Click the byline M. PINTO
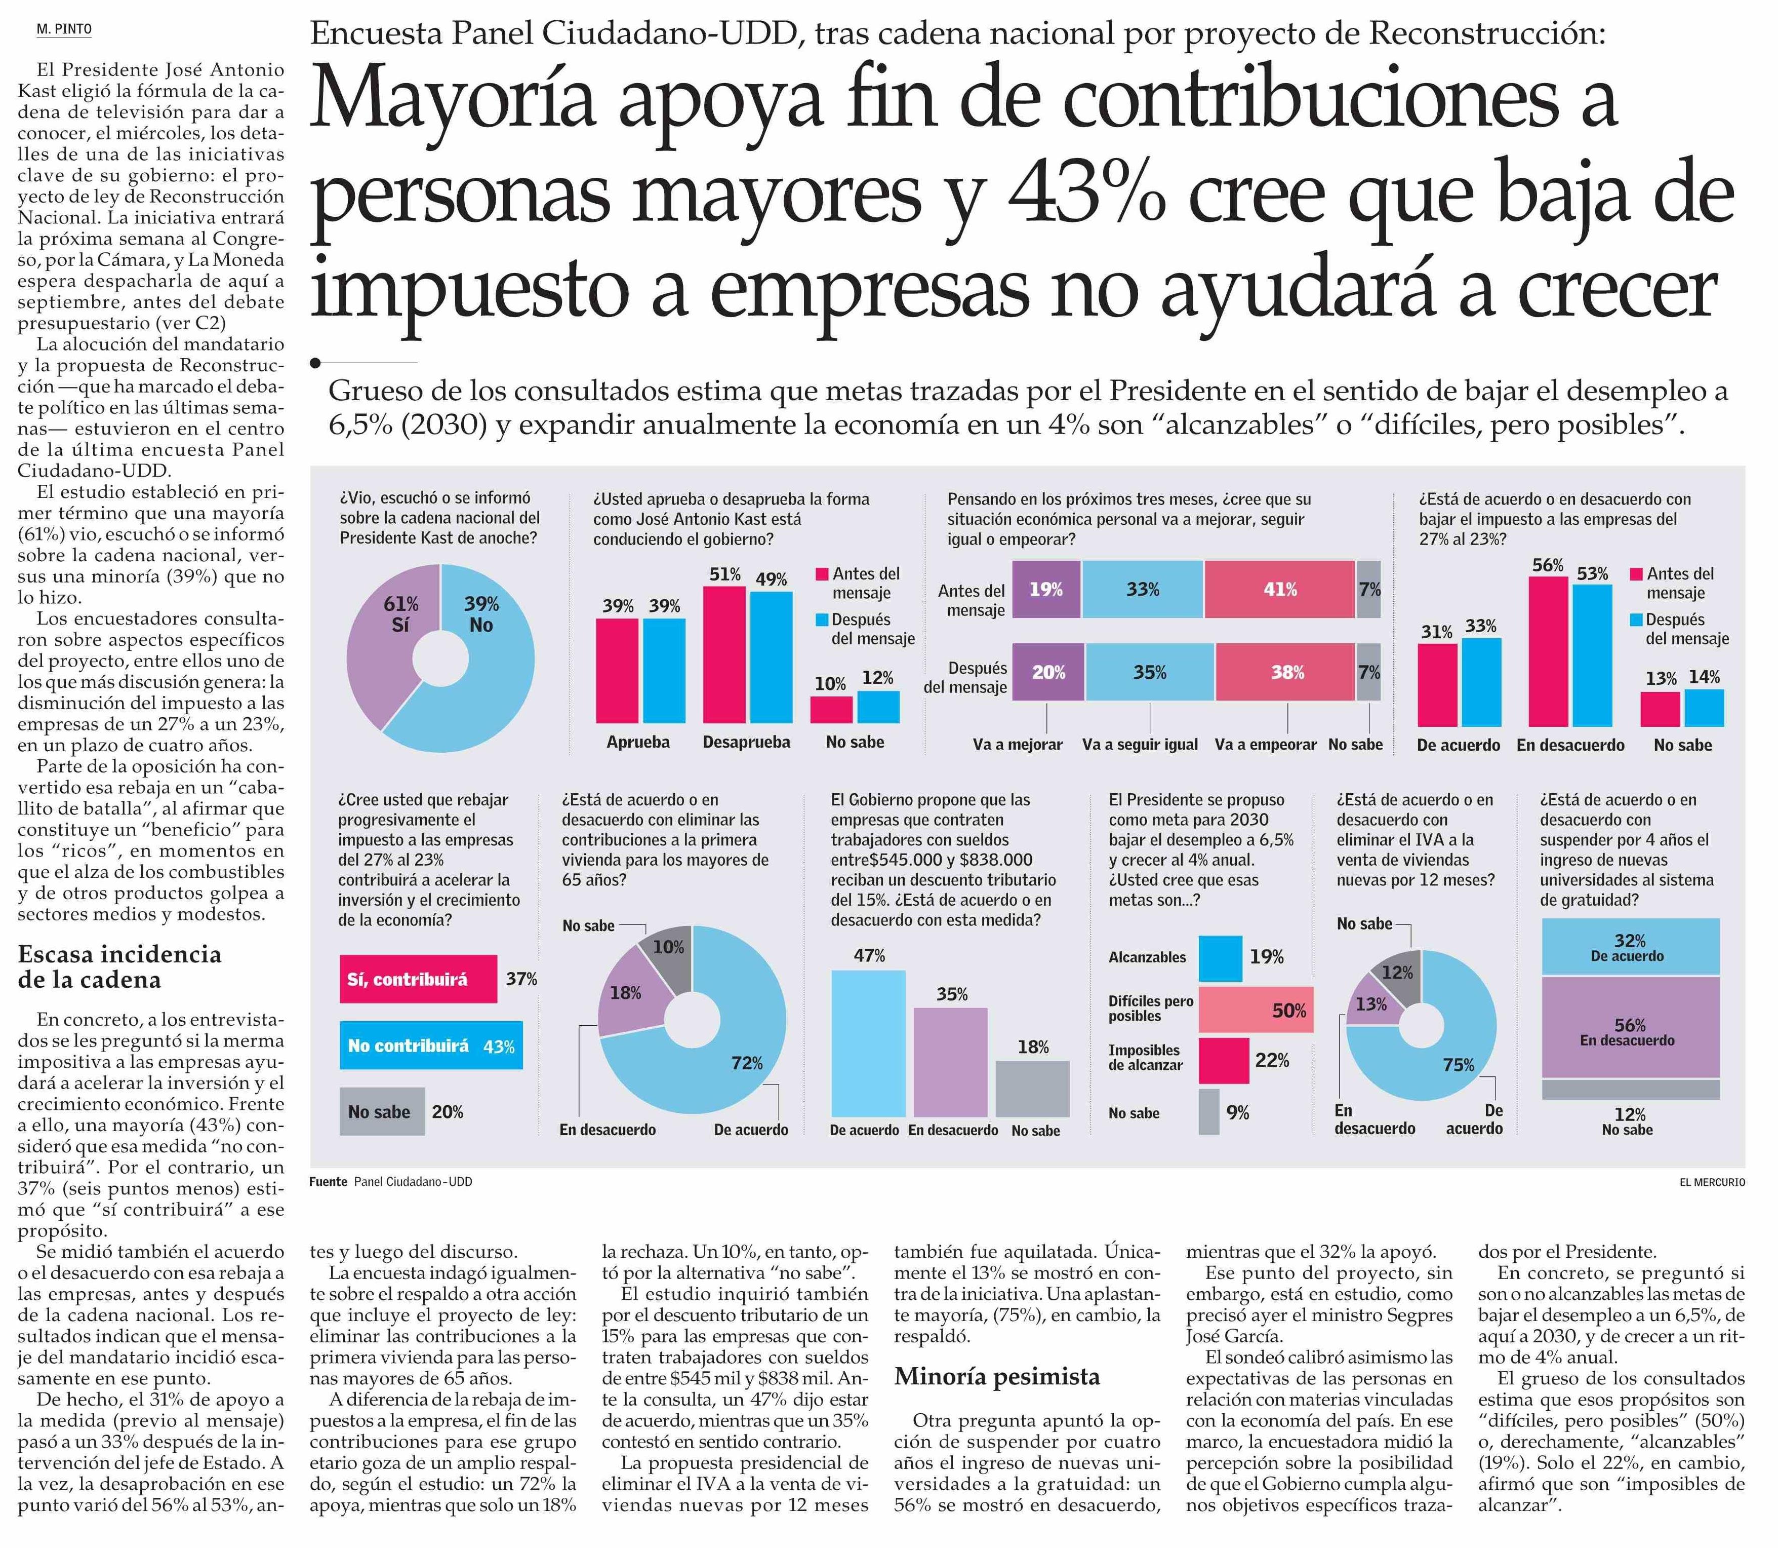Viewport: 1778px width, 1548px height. pos(64,29)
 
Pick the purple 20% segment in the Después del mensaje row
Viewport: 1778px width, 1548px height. pos(1047,672)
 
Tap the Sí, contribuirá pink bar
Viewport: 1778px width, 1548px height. pos(418,979)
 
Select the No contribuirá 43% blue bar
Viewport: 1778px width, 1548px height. pos(430,1045)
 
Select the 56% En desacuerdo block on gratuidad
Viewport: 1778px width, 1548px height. pos(1630,1027)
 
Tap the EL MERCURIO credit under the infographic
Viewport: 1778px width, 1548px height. pos(1712,1182)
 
